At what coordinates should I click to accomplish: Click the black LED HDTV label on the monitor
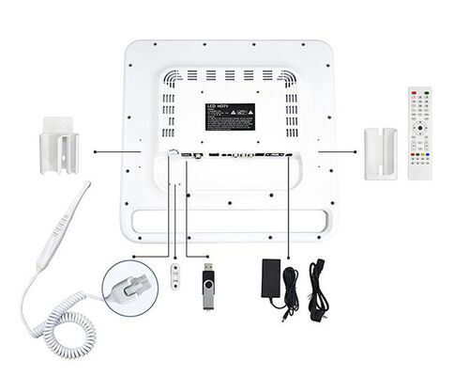[230, 117]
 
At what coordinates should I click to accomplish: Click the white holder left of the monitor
[58, 145]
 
